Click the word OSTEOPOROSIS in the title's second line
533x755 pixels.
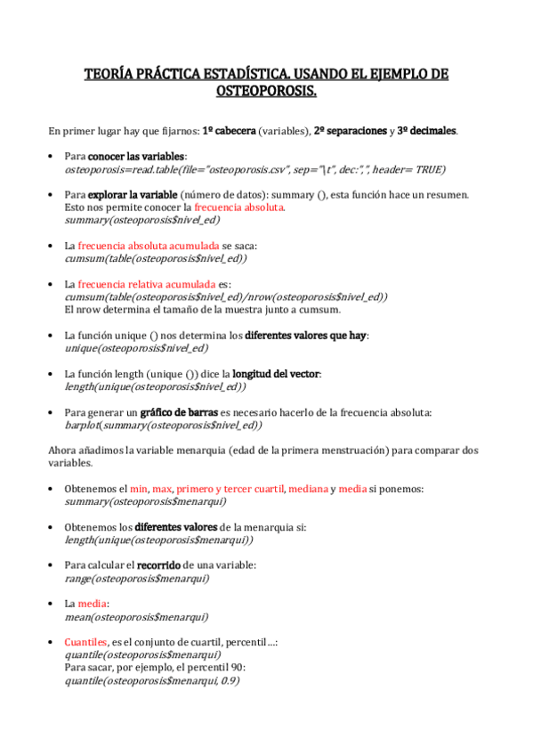pyautogui.click(x=267, y=91)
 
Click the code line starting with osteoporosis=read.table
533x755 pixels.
pyautogui.click(x=255, y=168)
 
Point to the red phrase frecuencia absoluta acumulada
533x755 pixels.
pyautogui.click(x=149, y=245)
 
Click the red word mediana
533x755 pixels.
pyautogui.click(x=307, y=489)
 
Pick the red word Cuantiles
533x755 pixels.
pyautogui.click(x=85, y=642)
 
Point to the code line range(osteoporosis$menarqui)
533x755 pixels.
pyautogui.click(x=137, y=578)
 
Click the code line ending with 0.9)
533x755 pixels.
pyautogui.click(x=152, y=680)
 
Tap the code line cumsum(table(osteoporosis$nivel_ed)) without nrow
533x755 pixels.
pyautogui.click(x=156, y=258)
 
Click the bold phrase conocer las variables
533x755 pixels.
pyautogui.click(x=149, y=156)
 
